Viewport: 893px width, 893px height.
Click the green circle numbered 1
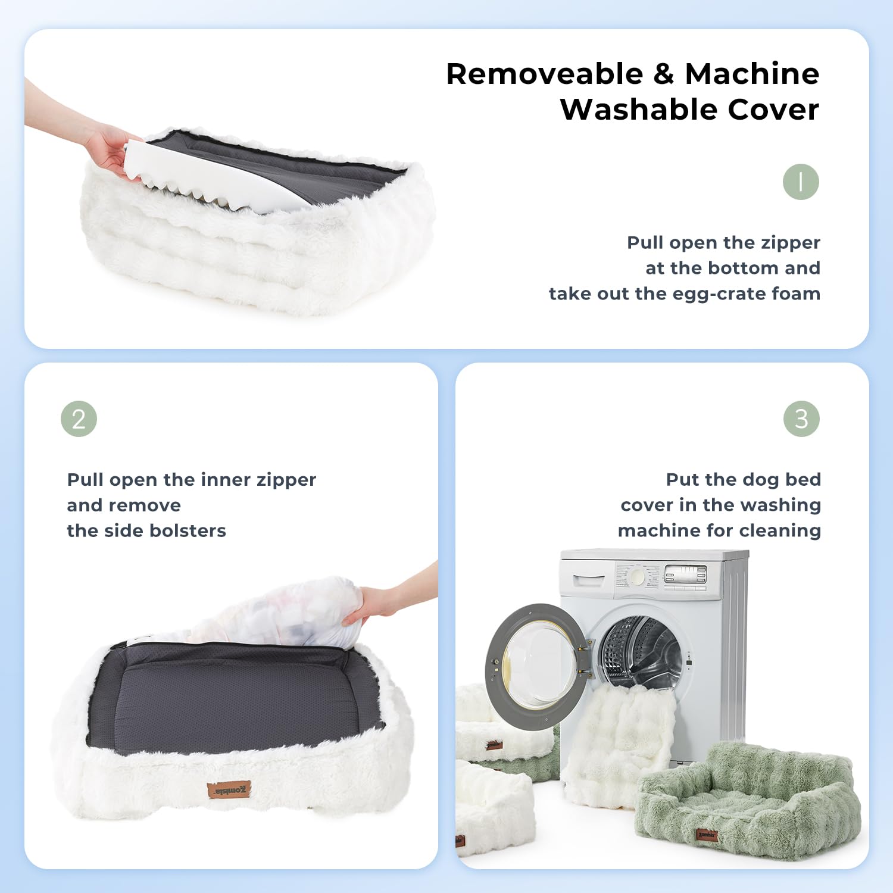point(801,182)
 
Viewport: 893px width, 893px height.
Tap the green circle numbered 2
point(79,419)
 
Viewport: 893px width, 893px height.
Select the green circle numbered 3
point(801,419)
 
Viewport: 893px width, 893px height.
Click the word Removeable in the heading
point(544,74)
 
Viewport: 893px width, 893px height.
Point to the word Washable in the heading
point(638,110)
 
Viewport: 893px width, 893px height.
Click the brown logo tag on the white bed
point(229,790)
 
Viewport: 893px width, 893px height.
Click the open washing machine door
point(536,664)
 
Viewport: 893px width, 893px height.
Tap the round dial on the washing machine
point(638,576)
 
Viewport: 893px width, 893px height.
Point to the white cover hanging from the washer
point(619,738)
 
